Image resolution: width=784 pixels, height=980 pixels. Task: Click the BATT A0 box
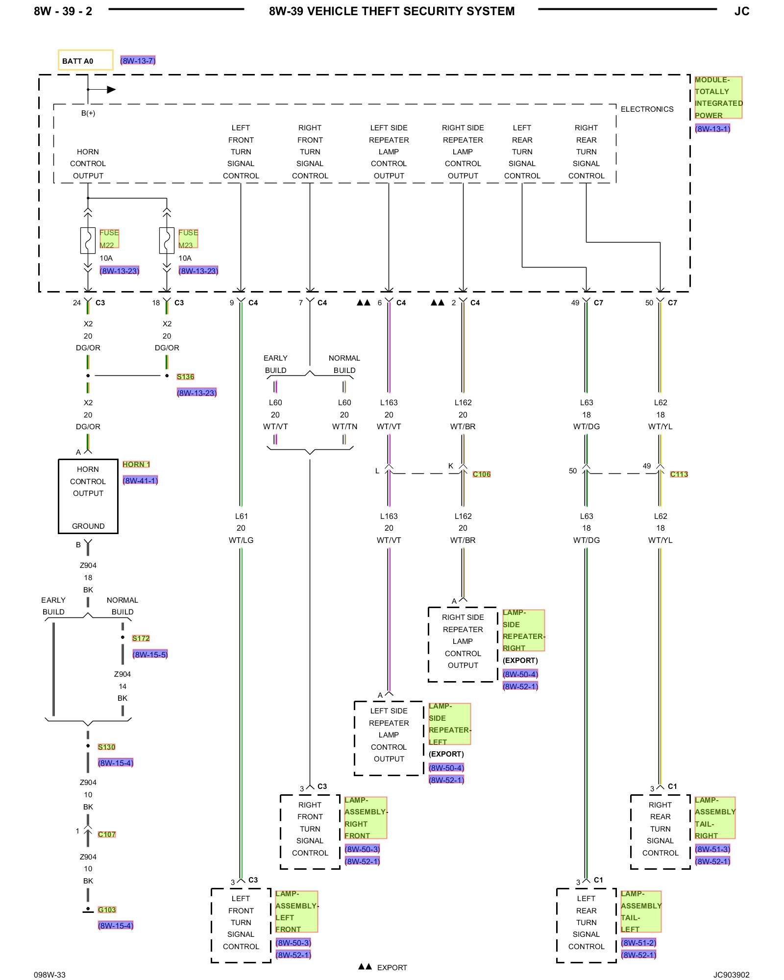pyautogui.click(x=85, y=60)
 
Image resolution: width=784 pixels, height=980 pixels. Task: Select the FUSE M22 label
pyautogui.click(x=109, y=239)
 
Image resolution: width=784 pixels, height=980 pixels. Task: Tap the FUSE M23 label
pyautogui.click(x=188, y=239)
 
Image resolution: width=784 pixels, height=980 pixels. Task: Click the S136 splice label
pyautogui.click(x=185, y=376)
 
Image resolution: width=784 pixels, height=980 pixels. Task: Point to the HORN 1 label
pyautogui.click(x=136, y=464)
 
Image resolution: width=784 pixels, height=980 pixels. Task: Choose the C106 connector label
pyautogui.click(x=482, y=474)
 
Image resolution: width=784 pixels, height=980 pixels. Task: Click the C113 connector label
pyautogui.click(x=679, y=474)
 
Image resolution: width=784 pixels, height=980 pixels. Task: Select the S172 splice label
pyautogui.click(x=141, y=638)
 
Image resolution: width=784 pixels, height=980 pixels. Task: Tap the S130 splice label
pyautogui.click(x=106, y=747)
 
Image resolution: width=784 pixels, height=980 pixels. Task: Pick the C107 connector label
pyautogui.click(x=107, y=834)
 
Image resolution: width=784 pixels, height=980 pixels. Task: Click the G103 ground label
pyautogui.click(x=107, y=909)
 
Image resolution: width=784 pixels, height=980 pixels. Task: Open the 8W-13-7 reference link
pyautogui.click(x=138, y=60)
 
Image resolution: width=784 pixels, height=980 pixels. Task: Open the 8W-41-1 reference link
pyautogui.click(x=140, y=480)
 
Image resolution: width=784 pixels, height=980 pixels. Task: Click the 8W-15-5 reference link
pyautogui.click(x=150, y=654)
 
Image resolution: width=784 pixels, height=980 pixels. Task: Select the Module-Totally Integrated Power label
pyautogui.click(x=718, y=98)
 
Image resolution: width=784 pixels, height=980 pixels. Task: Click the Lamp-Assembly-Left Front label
pyautogui.click(x=296, y=911)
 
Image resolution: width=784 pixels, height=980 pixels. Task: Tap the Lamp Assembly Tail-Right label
pyautogui.click(x=715, y=818)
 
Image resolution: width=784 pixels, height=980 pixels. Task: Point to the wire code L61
pyautogui.click(x=241, y=516)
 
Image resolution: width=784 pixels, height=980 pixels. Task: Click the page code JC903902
pyautogui.click(x=731, y=975)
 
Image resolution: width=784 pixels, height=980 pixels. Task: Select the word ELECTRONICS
pyautogui.click(x=647, y=109)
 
